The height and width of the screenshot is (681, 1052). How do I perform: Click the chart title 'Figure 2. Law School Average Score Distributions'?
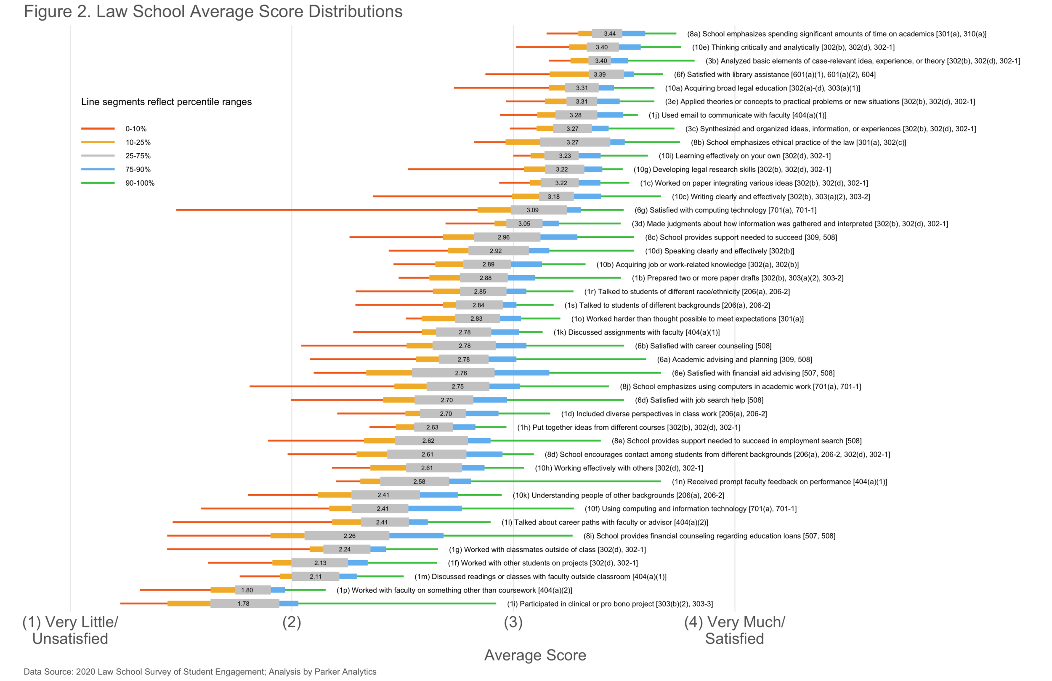(x=213, y=11)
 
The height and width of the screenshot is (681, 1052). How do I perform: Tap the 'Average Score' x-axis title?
(x=535, y=655)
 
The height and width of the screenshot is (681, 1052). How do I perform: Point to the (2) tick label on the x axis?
(x=292, y=622)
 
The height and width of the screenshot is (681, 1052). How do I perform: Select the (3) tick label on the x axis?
(x=513, y=622)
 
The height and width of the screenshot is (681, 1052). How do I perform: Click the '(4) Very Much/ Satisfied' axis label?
(x=735, y=630)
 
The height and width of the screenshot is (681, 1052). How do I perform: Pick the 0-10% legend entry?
(x=117, y=129)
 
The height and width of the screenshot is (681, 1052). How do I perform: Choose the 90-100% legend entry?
(x=117, y=183)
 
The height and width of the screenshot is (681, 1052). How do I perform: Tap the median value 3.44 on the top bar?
(x=610, y=34)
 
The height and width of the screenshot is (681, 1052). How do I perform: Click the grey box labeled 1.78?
(x=245, y=604)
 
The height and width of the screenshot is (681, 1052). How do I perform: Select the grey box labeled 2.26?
(x=347, y=535)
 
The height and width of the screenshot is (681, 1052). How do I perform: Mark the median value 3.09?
(x=532, y=210)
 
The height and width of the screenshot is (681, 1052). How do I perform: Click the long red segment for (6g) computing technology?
(x=327, y=210)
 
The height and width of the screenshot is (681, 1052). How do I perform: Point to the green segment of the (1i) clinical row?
(x=397, y=604)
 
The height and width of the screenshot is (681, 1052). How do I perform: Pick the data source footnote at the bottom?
(x=200, y=672)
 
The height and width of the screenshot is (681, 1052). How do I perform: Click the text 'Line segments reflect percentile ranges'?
(x=166, y=102)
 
